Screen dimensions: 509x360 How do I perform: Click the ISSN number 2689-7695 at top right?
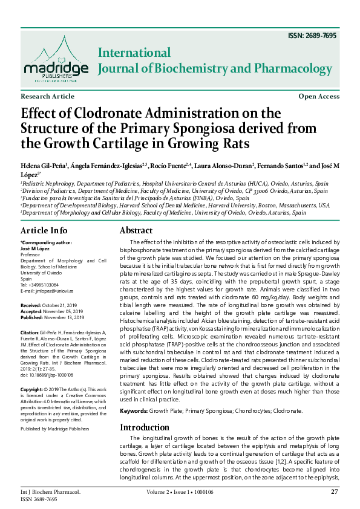tap(313, 36)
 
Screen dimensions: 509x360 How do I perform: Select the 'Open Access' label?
tap(319, 97)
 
